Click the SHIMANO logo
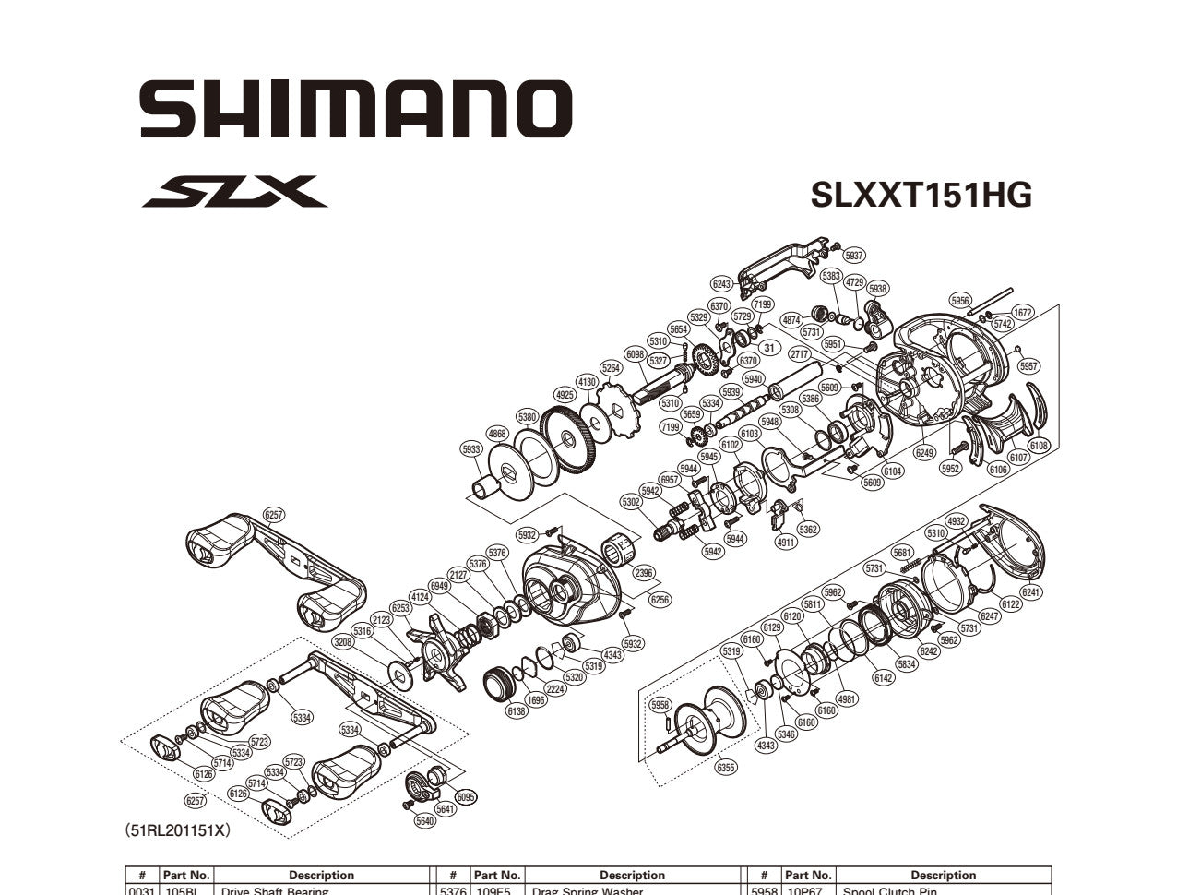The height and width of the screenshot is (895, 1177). pos(355,109)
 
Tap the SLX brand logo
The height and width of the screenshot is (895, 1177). pos(234,192)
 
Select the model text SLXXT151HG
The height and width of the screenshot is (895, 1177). pos(921,195)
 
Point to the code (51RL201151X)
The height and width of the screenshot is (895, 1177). pos(177,830)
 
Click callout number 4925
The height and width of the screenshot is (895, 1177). pos(565,395)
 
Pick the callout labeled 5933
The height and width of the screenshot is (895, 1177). pos(471,449)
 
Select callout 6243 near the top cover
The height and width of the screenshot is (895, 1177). pos(721,284)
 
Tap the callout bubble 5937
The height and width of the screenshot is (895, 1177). pos(853,256)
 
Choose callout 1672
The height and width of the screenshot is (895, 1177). pos(1023,313)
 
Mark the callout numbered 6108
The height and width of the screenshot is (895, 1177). pos(1039,446)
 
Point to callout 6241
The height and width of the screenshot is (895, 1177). pos(1031,593)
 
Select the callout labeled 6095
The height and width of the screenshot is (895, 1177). pos(466,797)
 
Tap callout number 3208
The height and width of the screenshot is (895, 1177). pos(343,641)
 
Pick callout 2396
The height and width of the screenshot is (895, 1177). pos(643,573)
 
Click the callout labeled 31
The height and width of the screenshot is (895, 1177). pos(767,348)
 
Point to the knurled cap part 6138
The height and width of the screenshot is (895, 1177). pos(503,686)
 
